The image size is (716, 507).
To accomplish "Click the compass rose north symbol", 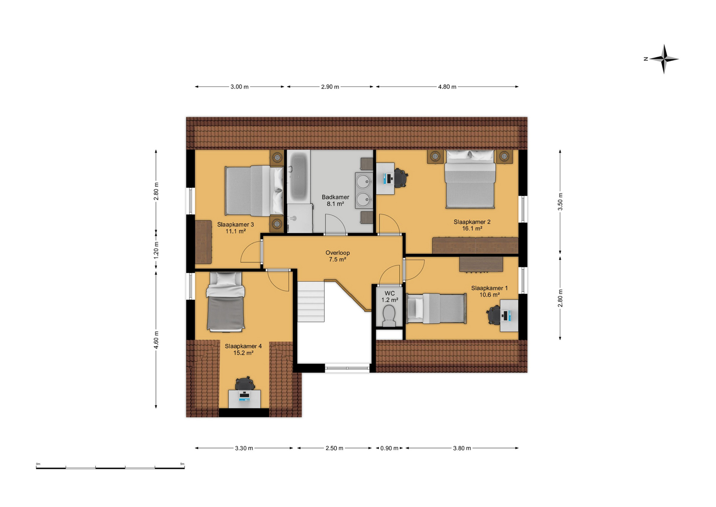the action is click(645, 59).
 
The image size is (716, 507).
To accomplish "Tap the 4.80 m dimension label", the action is click(447, 87).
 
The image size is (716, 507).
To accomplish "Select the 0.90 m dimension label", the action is click(389, 448).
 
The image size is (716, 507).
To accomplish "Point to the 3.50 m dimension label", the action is click(560, 202).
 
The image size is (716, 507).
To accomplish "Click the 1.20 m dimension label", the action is click(156, 250).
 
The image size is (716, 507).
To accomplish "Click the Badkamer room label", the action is click(335, 197).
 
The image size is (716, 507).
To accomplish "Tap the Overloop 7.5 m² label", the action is click(338, 256).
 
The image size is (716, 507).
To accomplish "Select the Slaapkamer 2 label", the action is click(472, 222).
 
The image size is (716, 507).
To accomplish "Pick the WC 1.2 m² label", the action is click(390, 297).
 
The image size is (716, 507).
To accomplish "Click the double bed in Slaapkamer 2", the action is click(470, 179).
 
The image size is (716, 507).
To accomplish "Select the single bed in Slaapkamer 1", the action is click(437, 309).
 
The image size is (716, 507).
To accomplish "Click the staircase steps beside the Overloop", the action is click(311, 302).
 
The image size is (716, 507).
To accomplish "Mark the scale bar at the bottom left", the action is click(110, 468).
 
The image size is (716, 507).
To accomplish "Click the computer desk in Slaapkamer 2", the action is click(385, 178).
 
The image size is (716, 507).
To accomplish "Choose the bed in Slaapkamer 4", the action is click(225, 301).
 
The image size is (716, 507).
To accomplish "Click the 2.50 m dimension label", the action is click(334, 448).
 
